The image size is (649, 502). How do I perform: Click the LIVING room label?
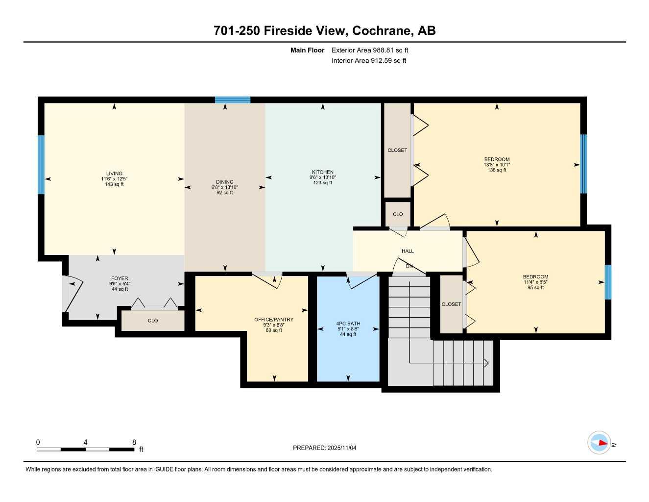tap(114, 174)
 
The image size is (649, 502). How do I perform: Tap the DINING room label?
tap(225, 182)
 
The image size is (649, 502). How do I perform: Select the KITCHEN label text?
tap(323, 172)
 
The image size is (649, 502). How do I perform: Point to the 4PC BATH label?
tap(348, 324)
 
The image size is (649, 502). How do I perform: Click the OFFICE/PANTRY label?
tap(274, 320)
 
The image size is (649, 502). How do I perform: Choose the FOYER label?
tap(120, 278)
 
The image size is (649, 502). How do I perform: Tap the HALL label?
tap(408, 251)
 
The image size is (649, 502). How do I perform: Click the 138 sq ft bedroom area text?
tap(497, 170)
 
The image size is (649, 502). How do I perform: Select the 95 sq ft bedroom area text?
tap(535, 288)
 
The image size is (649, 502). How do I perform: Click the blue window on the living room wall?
tap(41, 165)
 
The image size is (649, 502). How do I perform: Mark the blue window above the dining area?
tap(233, 100)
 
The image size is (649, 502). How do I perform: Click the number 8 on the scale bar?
tap(134, 442)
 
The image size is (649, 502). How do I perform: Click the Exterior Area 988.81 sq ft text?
tap(370, 50)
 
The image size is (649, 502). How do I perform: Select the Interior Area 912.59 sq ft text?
tap(369, 61)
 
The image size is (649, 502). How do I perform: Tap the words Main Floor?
tap(307, 50)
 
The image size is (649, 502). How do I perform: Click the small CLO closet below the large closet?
tap(398, 214)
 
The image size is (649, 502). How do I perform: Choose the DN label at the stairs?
tap(409, 267)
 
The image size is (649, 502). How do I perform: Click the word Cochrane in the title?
tap(382, 30)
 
